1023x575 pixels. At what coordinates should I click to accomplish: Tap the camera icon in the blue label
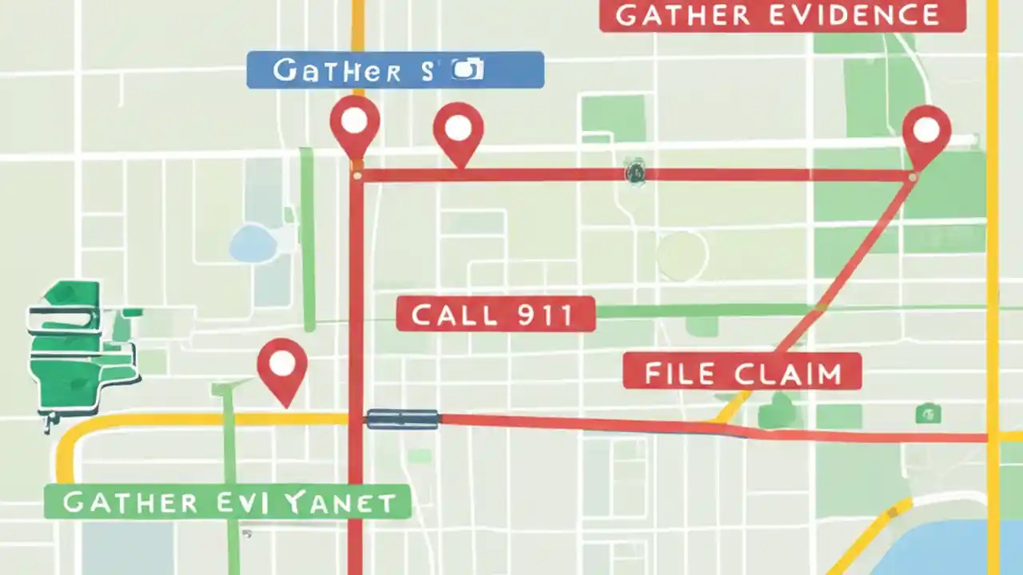coord(468,69)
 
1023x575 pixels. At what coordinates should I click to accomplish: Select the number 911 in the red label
coord(544,315)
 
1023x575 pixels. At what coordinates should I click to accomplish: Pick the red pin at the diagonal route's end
coord(925,130)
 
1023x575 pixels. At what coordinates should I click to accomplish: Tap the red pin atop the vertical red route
coord(354,121)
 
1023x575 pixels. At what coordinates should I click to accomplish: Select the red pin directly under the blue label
coord(458,128)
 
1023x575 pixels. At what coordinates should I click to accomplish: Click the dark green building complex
coord(80,343)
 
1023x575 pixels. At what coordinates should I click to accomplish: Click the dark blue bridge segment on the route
coord(403,418)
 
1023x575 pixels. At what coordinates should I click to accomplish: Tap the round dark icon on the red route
coord(635,171)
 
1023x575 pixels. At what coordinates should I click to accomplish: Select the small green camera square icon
coord(928,413)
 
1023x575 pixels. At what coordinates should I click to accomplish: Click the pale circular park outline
coord(682,256)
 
